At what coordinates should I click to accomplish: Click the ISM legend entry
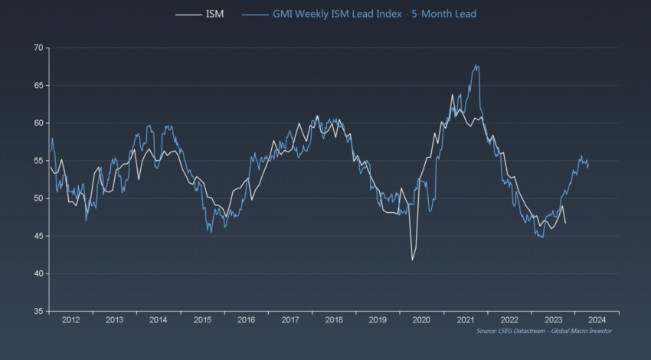(214, 14)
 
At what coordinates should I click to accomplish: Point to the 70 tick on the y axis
(37, 47)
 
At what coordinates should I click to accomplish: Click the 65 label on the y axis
(37, 85)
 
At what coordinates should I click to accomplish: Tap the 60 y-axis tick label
(37, 123)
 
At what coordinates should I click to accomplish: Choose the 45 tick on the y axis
(37, 236)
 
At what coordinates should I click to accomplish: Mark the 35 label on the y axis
(37, 311)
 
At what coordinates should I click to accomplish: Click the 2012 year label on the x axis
(70, 320)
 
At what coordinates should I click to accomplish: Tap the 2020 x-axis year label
(421, 320)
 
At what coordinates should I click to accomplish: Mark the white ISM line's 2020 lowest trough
(412, 260)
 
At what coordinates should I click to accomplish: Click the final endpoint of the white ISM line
(565, 223)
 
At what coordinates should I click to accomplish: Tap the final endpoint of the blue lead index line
(587, 164)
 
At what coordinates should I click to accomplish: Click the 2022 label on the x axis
(509, 320)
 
